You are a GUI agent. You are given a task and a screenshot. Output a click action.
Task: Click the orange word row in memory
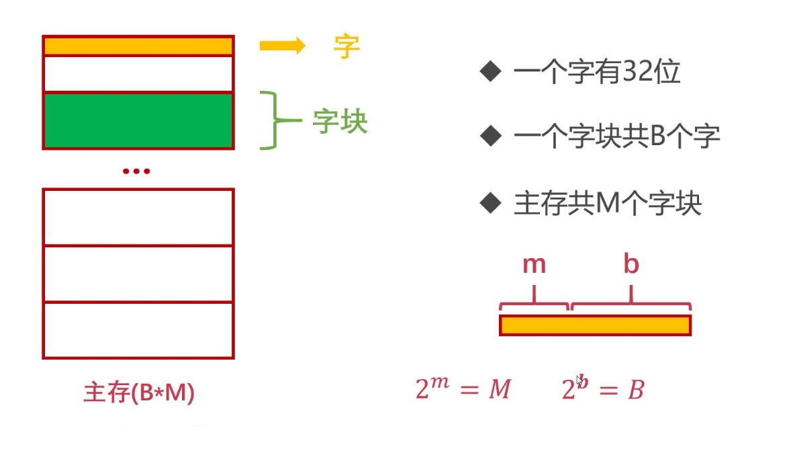(x=138, y=46)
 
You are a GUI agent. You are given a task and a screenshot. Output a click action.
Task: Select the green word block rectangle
(x=138, y=120)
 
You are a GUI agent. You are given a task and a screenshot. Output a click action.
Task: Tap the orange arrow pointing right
(x=282, y=46)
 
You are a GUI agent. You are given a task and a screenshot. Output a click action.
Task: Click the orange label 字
(x=346, y=46)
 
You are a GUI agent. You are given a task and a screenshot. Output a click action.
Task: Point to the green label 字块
(x=340, y=122)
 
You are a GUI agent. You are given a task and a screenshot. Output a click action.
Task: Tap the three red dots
(x=136, y=171)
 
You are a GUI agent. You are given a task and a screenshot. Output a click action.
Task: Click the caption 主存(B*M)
(x=138, y=393)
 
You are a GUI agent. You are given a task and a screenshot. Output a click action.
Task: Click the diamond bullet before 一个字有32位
(x=491, y=71)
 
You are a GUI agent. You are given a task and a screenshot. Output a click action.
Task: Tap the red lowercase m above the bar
(x=534, y=265)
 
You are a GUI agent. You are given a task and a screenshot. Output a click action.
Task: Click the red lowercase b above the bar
(x=631, y=265)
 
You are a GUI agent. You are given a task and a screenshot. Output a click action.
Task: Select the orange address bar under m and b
(x=595, y=325)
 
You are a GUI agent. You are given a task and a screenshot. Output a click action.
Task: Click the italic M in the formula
(x=500, y=390)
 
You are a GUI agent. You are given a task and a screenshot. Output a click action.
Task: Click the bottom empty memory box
(x=138, y=330)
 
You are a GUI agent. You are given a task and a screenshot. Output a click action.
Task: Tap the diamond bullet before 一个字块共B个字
(x=491, y=136)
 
